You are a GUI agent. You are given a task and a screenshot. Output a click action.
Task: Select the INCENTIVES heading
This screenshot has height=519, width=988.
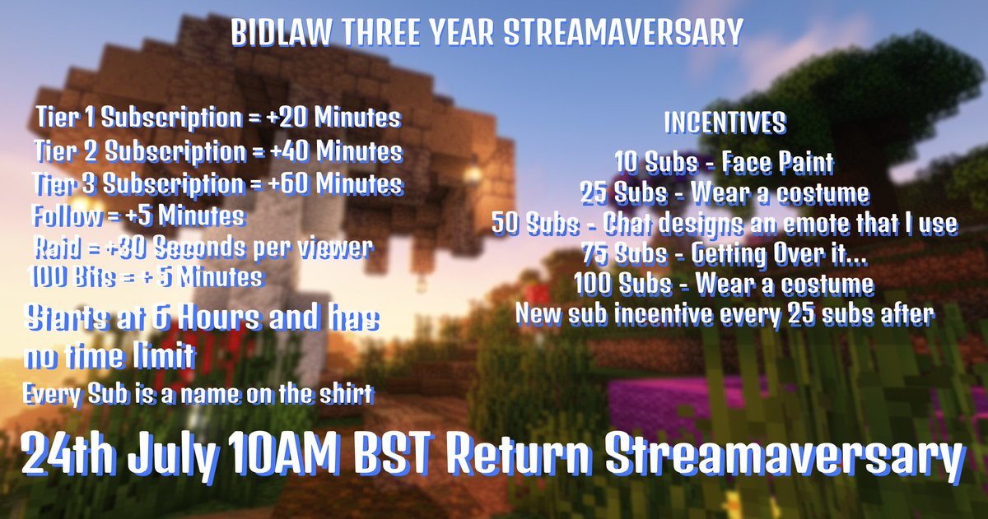click(725, 124)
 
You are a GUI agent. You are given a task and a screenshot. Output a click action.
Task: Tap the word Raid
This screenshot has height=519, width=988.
click(61, 247)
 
